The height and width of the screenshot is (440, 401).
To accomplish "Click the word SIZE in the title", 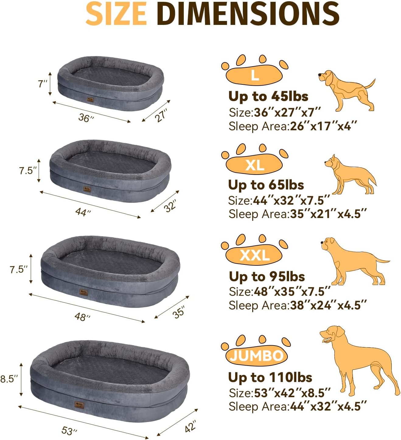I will (116, 14).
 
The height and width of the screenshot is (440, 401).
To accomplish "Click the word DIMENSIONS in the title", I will (249, 14).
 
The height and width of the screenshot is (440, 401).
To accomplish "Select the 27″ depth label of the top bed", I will (161, 115).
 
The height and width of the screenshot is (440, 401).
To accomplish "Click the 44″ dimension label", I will (83, 212).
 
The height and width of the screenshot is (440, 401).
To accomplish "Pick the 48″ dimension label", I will (82, 317).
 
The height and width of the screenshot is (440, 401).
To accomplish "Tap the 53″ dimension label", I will (69, 430).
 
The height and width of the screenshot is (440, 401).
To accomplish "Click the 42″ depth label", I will (190, 426).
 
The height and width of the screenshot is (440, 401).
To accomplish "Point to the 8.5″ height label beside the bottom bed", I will (9, 379).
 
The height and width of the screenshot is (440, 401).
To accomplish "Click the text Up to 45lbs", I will (268, 96).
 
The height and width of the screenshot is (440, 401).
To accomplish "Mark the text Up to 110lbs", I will (270, 377).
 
